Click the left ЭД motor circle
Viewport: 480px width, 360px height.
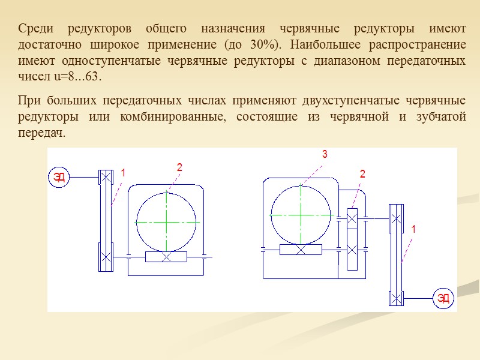click(x=59, y=176)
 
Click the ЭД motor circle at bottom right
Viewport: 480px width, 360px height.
click(x=443, y=298)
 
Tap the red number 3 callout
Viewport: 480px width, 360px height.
click(x=325, y=155)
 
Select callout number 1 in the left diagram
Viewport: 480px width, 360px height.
click(x=123, y=173)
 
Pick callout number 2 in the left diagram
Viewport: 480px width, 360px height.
click(x=179, y=167)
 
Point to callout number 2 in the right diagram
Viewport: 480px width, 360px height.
click(x=362, y=174)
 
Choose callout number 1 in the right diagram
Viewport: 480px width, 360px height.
click(x=413, y=229)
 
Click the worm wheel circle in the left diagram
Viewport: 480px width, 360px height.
click(x=166, y=221)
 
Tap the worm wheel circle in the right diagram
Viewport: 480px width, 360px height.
click(x=301, y=215)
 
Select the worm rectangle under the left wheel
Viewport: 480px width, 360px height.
click(x=166, y=256)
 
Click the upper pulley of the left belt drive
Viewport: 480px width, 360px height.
click(x=106, y=177)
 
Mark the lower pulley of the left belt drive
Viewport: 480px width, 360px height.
click(x=106, y=257)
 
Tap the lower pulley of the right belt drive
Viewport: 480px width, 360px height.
click(x=395, y=298)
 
